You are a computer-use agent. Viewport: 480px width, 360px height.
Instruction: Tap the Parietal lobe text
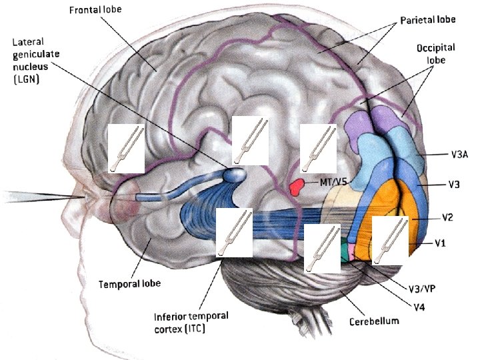pos(427,20)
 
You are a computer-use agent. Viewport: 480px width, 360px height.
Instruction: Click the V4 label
pos(419,307)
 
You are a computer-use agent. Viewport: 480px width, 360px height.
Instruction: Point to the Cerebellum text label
pos(373,321)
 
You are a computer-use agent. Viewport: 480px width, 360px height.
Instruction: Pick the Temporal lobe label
pos(129,283)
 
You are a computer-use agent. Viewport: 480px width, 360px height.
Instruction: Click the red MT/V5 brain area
pos(297,186)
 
